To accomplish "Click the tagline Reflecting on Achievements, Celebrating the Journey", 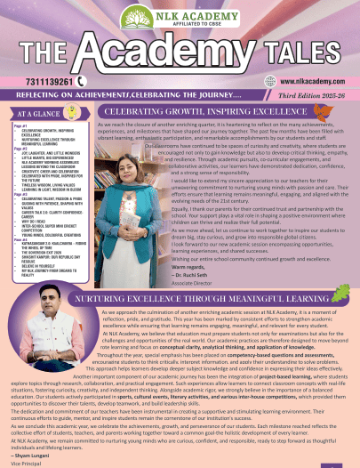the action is point(129,93).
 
